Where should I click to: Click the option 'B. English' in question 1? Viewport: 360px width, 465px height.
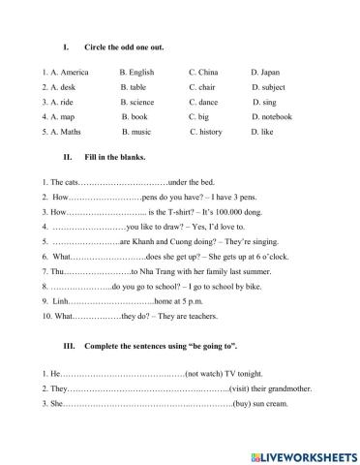click(x=138, y=72)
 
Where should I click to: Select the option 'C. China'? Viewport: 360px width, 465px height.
click(x=204, y=72)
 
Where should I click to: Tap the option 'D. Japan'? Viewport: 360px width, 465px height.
click(x=265, y=72)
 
